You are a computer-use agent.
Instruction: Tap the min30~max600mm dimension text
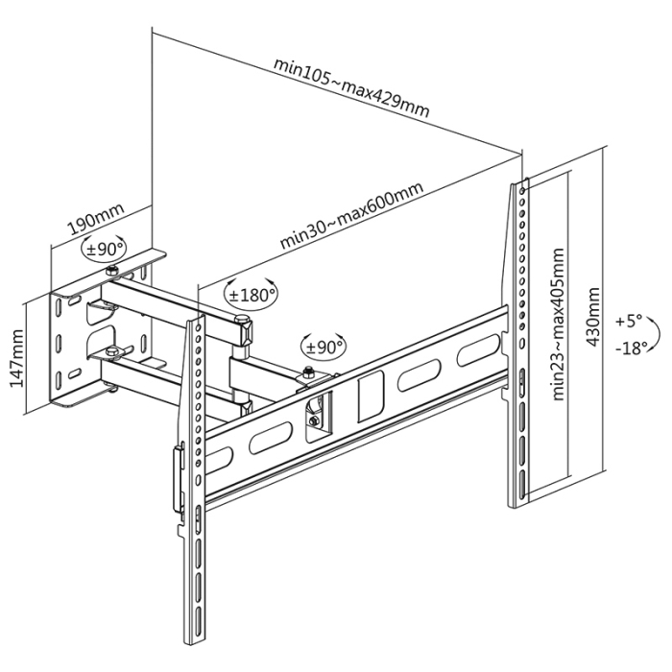(x=351, y=216)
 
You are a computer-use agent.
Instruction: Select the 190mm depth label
(x=93, y=220)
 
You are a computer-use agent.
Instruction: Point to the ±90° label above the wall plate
(x=105, y=248)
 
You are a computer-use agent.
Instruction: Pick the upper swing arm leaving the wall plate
(x=173, y=297)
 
